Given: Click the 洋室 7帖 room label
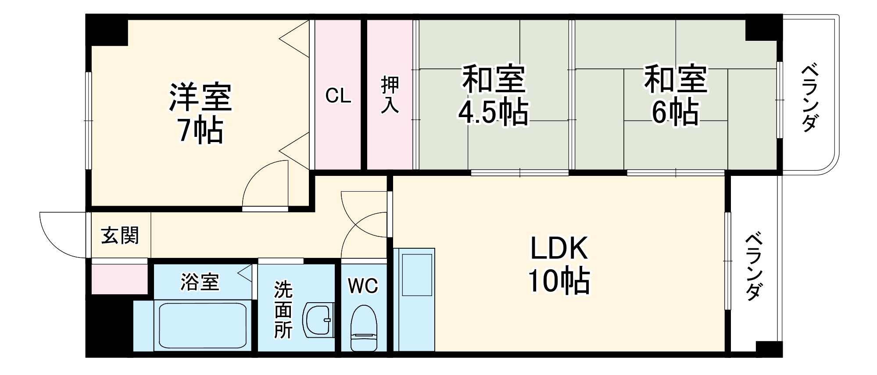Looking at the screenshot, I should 200,113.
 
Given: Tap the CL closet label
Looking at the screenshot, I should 338,96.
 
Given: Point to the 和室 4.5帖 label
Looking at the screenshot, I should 493,95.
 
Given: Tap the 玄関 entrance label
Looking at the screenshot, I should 120,236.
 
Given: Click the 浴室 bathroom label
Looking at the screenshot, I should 200,282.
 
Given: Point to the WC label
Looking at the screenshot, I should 363,286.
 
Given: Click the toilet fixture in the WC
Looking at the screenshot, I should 364,327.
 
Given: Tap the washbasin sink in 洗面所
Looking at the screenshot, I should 318,319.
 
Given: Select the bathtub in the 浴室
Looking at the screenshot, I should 202,325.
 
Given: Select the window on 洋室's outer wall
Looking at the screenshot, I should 89,121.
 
